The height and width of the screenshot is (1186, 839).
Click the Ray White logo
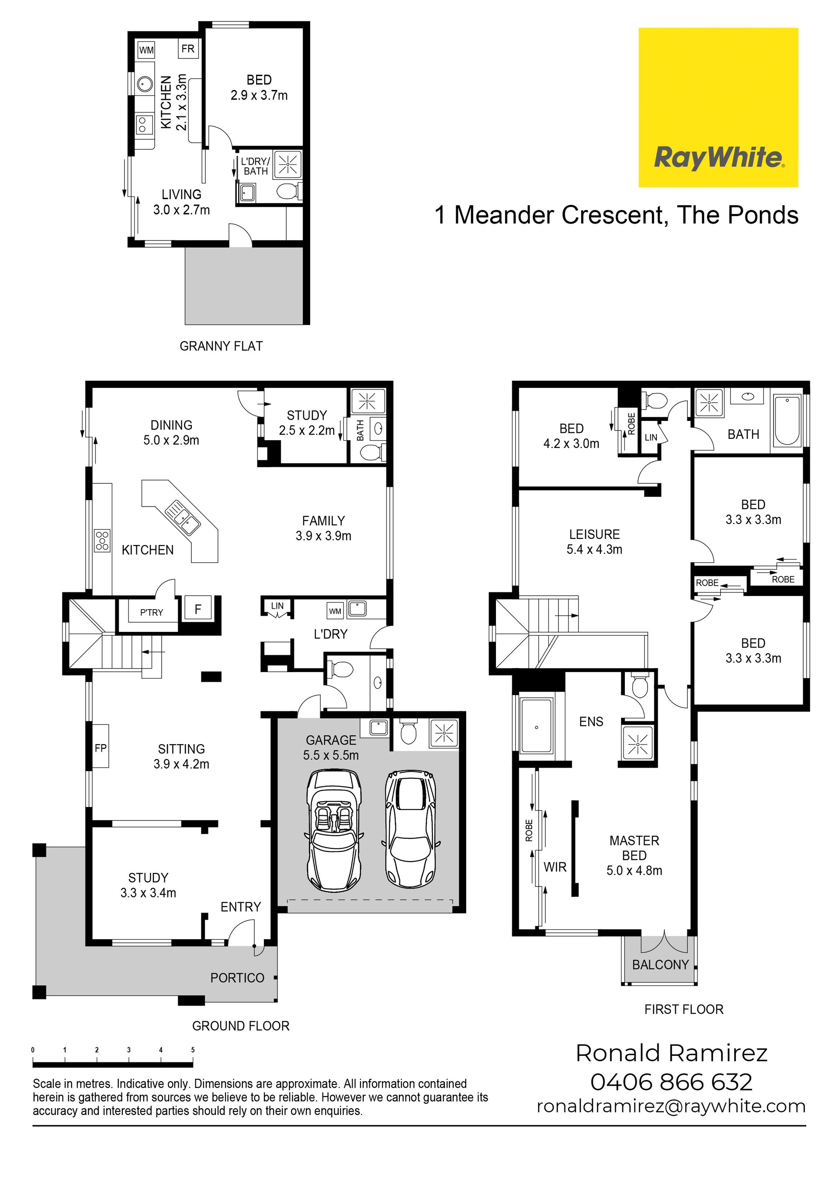pyautogui.click(x=718, y=107)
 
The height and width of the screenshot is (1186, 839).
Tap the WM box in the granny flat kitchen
pyautogui.click(x=146, y=50)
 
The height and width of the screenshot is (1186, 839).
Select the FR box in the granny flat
pyautogui.click(x=187, y=48)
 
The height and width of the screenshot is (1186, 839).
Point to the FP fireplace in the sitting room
pyautogui.click(x=101, y=748)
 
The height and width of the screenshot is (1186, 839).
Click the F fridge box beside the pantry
pyautogui.click(x=198, y=610)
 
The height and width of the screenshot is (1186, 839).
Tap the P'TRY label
pyautogui.click(x=152, y=612)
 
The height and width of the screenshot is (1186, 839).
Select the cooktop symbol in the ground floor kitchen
pyautogui.click(x=102, y=540)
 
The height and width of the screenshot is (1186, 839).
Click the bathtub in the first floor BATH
pyautogui.click(x=787, y=421)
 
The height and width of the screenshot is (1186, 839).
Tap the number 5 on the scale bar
pyautogui.click(x=193, y=1050)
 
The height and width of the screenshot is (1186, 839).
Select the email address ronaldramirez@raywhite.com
pyautogui.click(x=671, y=1107)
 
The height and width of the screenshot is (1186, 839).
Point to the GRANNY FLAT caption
pyautogui.click(x=221, y=346)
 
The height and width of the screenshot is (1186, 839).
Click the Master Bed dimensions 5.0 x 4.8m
pyautogui.click(x=634, y=870)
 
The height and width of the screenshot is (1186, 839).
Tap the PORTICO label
pyautogui.click(x=237, y=978)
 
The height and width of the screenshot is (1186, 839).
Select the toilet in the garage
pyautogui.click(x=409, y=732)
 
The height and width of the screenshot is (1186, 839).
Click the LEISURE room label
pyautogui.click(x=594, y=534)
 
